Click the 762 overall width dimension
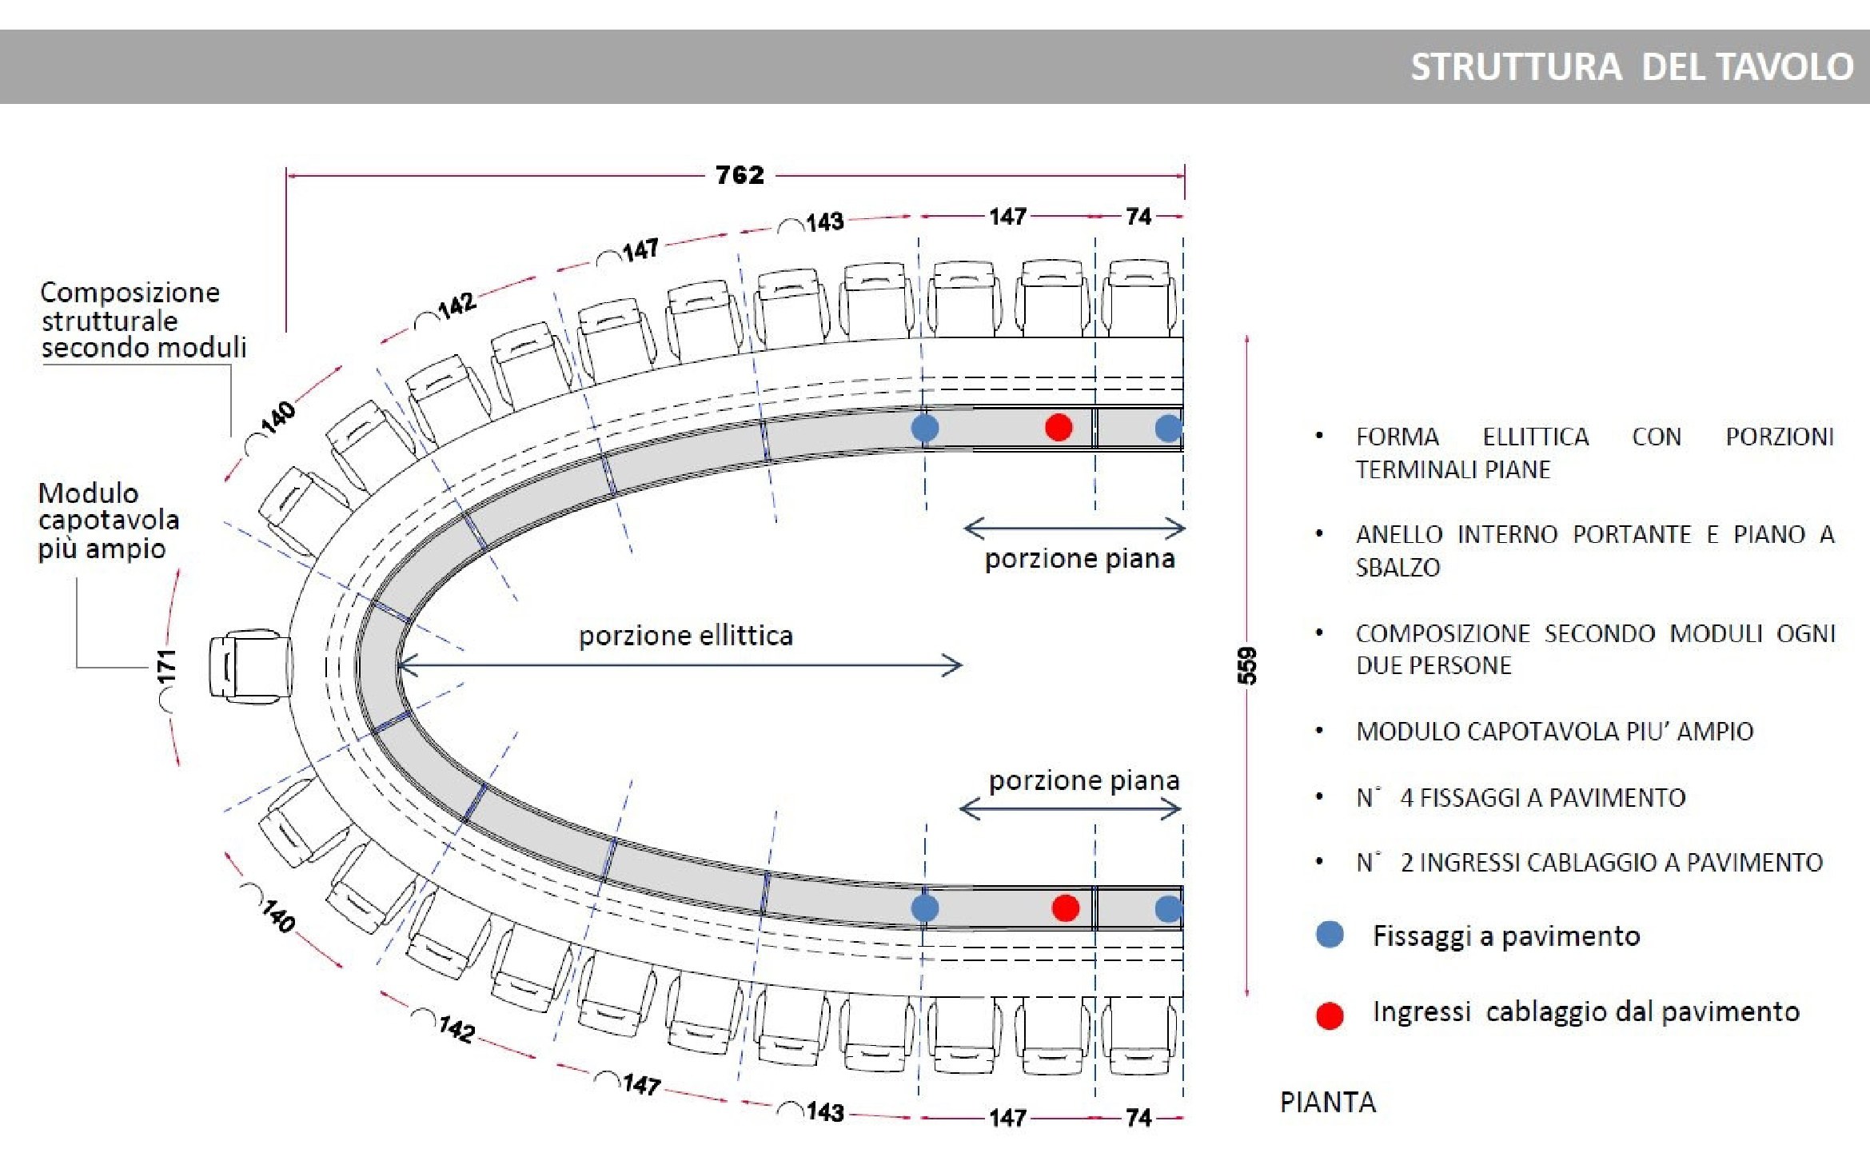[740, 174]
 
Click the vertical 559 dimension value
[1247, 665]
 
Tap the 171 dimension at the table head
[166, 667]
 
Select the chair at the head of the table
[249, 667]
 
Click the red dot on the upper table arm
[1059, 427]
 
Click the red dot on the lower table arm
[1065, 908]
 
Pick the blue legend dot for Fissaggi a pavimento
[1330, 934]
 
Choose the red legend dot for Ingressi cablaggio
[1330, 1015]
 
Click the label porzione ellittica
[685, 636]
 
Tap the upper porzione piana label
[1079, 558]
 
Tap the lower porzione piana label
[1083, 780]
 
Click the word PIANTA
[1327, 1102]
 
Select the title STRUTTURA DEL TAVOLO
[1631, 66]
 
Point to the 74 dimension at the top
[1138, 216]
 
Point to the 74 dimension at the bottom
[1138, 1117]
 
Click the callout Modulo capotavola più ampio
[108, 521]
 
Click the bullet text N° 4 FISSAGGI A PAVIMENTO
[1521, 797]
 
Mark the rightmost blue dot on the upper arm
[1168, 428]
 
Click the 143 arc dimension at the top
[824, 221]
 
